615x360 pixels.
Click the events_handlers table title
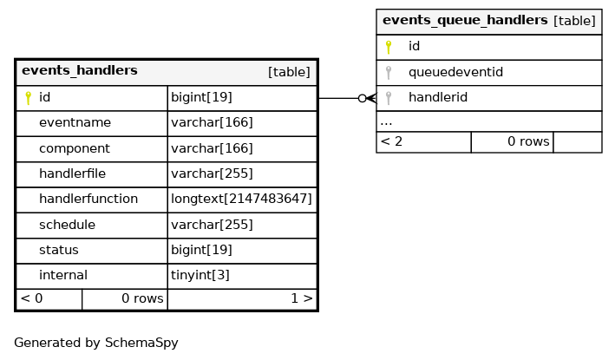(x=80, y=70)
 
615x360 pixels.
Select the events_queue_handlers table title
(x=465, y=20)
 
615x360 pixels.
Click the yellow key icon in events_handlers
(x=28, y=98)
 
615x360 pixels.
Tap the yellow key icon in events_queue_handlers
(x=389, y=47)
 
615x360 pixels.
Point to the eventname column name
(x=75, y=122)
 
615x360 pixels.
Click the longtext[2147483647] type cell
(x=241, y=200)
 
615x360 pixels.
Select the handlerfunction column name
(x=88, y=199)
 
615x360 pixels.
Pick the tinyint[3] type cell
(x=200, y=275)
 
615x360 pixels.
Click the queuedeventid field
(x=455, y=72)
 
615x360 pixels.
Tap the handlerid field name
(x=438, y=98)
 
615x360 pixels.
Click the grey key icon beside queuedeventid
(x=389, y=73)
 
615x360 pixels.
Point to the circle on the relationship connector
(x=363, y=98)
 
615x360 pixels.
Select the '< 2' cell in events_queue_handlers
(x=423, y=142)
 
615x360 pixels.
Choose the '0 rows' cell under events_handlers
(x=125, y=299)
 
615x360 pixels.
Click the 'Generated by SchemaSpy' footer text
(x=96, y=343)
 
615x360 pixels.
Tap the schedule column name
(x=67, y=225)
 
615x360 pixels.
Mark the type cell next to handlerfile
(x=212, y=173)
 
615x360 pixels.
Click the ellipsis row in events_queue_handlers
(x=489, y=122)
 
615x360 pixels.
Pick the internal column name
(x=63, y=275)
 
